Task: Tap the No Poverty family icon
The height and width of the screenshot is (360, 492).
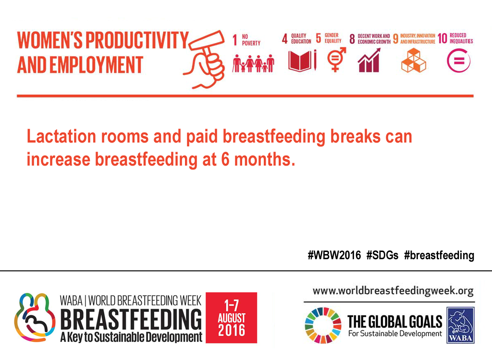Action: pyautogui.click(x=253, y=63)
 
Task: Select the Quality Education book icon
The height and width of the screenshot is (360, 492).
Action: pyautogui.click(x=302, y=60)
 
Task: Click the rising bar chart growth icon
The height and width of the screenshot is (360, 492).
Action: pyautogui.click(x=369, y=60)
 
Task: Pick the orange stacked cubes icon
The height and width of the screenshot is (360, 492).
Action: pyautogui.click(x=414, y=60)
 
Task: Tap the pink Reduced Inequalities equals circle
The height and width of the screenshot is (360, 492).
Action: pyautogui.click(x=458, y=60)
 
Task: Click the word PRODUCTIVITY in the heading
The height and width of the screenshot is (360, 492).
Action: pyautogui.click(x=137, y=40)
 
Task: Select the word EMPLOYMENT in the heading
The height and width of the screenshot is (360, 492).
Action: pyautogui.click(x=96, y=65)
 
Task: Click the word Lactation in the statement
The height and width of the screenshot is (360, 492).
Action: pyautogui.click(x=61, y=136)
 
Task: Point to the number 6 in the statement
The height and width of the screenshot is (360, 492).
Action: pyautogui.click(x=225, y=160)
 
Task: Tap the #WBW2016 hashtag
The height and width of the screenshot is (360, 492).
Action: pyautogui.click(x=334, y=255)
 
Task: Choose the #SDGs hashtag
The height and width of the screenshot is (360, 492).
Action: pyautogui.click(x=382, y=255)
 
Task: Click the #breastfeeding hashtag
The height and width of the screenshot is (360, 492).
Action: pyautogui.click(x=439, y=255)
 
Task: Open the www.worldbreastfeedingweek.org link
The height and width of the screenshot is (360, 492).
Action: pyautogui.click(x=393, y=291)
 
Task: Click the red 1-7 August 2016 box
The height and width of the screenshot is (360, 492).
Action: pyautogui.click(x=231, y=318)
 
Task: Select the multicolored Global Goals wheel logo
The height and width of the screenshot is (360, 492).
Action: pyautogui.click(x=323, y=325)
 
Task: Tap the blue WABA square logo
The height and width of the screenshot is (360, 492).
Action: pyautogui.click(x=460, y=325)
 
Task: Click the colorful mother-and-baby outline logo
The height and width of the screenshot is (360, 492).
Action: pyautogui.click(x=35, y=317)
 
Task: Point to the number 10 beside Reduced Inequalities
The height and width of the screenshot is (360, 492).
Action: pyautogui.click(x=442, y=38)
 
